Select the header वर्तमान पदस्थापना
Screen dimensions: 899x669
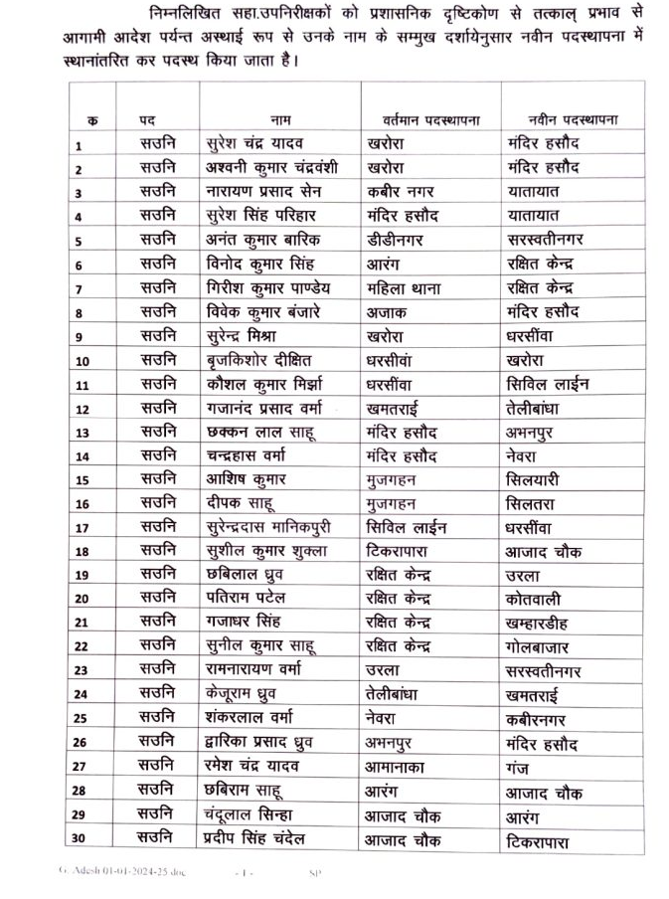[x=423, y=120]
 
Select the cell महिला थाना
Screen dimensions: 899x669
[x=403, y=288]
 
